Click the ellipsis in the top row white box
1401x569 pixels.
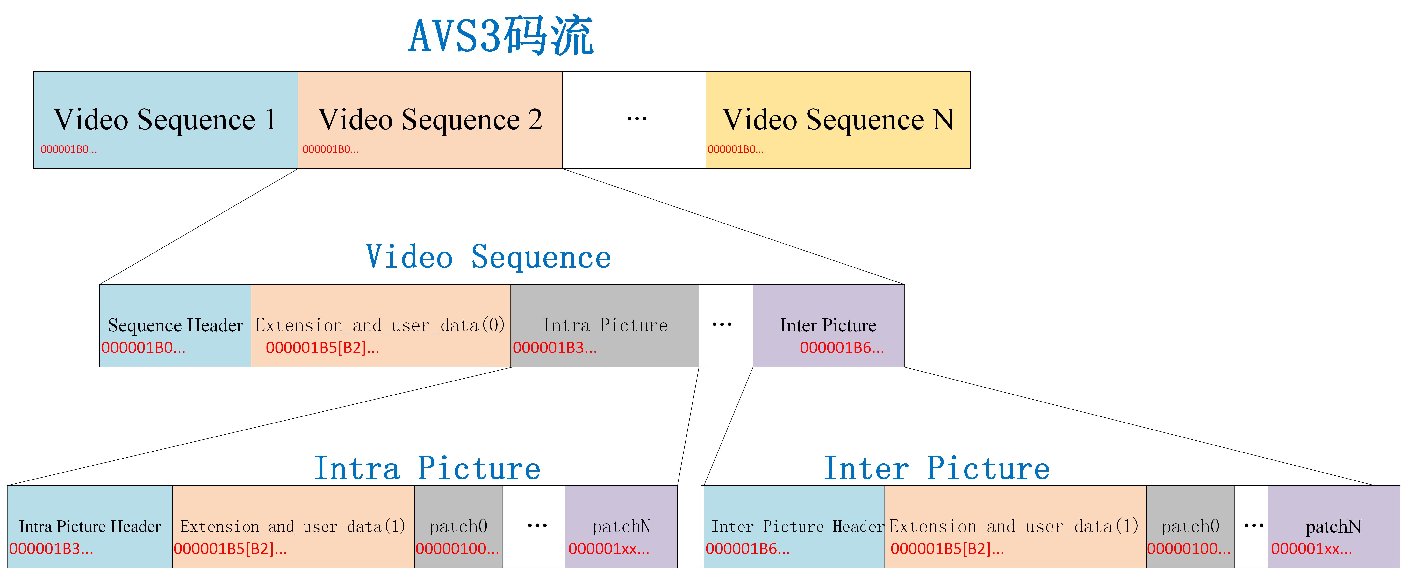click(x=636, y=119)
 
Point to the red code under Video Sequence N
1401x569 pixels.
click(x=735, y=150)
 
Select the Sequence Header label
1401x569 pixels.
click(x=175, y=325)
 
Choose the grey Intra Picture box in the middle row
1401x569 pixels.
click(x=605, y=325)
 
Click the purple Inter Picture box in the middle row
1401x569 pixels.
click(x=828, y=325)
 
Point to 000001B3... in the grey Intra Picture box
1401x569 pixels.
click(x=555, y=348)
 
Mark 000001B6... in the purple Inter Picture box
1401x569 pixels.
click(x=841, y=348)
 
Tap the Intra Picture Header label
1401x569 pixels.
click(x=90, y=527)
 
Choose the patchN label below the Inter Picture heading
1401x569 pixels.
click(x=1333, y=527)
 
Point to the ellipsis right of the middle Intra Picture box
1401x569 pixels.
click(x=722, y=325)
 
